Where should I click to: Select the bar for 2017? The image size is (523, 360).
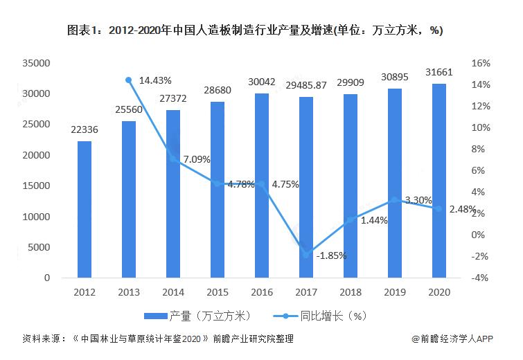coord(305,187)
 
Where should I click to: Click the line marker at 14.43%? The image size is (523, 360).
coord(128,80)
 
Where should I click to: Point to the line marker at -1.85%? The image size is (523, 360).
coord(305,255)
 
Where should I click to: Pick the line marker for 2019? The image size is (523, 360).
coord(394,200)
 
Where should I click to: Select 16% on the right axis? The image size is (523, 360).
coord(481,63)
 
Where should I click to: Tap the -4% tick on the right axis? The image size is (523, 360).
coord(481,278)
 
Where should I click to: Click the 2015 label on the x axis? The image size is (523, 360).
coord(217,293)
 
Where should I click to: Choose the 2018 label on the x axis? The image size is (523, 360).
coord(350,293)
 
